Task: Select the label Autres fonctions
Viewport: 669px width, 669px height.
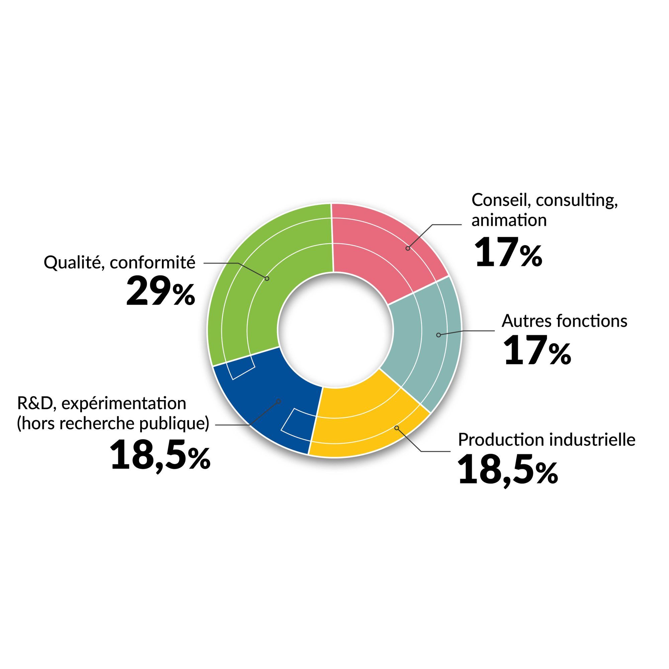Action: (564, 321)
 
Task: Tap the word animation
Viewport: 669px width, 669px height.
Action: (509, 220)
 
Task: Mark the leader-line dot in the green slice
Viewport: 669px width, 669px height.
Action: (267, 278)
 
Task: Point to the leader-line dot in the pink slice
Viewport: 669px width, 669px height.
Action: (407, 248)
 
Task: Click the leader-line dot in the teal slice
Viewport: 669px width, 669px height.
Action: (439, 335)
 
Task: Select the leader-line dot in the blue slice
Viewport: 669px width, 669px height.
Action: (278, 401)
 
